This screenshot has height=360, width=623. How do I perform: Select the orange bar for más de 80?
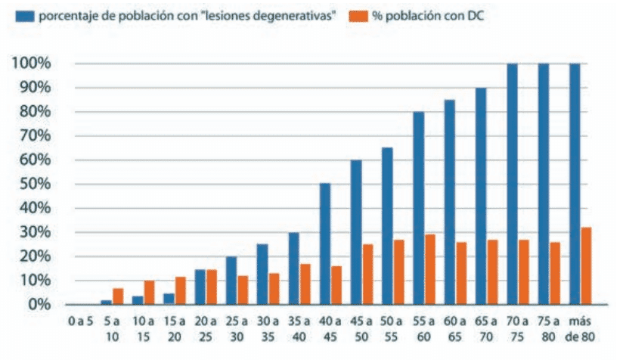[585, 265]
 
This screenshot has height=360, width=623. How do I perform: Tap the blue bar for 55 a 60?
[418, 208]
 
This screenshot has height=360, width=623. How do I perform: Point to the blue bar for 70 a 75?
[512, 184]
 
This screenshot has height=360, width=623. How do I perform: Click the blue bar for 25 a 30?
[231, 280]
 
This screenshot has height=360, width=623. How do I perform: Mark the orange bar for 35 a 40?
[305, 284]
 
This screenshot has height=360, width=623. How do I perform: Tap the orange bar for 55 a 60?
[430, 269]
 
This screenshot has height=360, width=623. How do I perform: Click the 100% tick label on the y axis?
[31, 63]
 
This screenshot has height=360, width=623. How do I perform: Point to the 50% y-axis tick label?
[35, 184]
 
